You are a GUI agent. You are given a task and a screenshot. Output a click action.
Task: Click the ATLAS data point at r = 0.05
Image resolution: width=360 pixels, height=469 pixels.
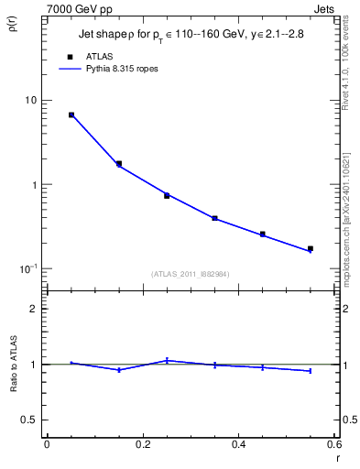click(x=71, y=115)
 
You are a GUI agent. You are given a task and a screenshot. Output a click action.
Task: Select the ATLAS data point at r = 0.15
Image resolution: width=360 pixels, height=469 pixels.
click(x=119, y=164)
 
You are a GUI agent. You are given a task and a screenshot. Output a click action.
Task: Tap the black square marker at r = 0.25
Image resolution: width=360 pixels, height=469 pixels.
click(x=167, y=195)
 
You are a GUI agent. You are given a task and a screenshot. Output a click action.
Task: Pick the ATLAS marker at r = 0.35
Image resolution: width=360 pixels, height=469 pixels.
click(x=214, y=218)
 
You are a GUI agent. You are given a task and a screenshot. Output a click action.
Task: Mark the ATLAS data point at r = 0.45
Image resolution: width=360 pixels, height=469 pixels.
click(x=262, y=234)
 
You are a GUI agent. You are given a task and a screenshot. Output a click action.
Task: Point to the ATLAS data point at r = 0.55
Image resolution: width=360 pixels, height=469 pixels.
click(x=310, y=248)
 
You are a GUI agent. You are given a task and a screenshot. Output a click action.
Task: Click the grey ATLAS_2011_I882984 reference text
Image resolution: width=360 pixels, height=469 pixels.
click(x=190, y=274)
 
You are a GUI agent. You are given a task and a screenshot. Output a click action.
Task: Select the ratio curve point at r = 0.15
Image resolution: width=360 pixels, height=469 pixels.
click(x=119, y=370)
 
